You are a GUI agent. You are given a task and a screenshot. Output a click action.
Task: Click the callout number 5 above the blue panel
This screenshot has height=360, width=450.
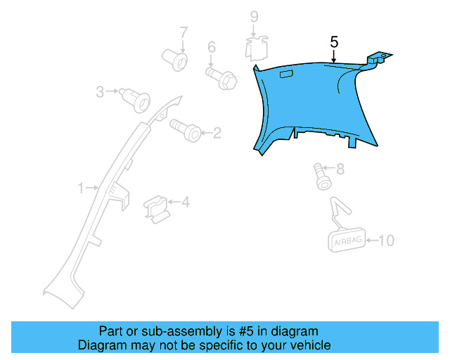(x=334, y=41)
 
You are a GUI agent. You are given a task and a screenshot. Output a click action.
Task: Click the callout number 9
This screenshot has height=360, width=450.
(x=255, y=16)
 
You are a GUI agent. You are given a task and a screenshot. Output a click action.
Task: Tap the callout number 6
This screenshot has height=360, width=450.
(x=211, y=48)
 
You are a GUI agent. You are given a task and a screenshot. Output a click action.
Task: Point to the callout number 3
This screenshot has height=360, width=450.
(x=100, y=91)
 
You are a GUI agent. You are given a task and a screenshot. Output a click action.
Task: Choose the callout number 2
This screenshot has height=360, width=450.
(x=217, y=131)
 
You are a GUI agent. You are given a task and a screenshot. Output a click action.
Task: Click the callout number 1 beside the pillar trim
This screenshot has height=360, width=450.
(x=82, y=188)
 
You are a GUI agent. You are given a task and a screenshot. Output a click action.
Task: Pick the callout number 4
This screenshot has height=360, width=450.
(x=186, y=202)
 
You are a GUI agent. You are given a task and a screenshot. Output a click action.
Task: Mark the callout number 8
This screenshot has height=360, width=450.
(x=340, y=169)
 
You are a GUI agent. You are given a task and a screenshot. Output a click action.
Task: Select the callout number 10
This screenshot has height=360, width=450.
(x=386, y=240)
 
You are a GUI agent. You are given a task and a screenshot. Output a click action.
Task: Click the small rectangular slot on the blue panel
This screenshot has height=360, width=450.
(x=287, y=74)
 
